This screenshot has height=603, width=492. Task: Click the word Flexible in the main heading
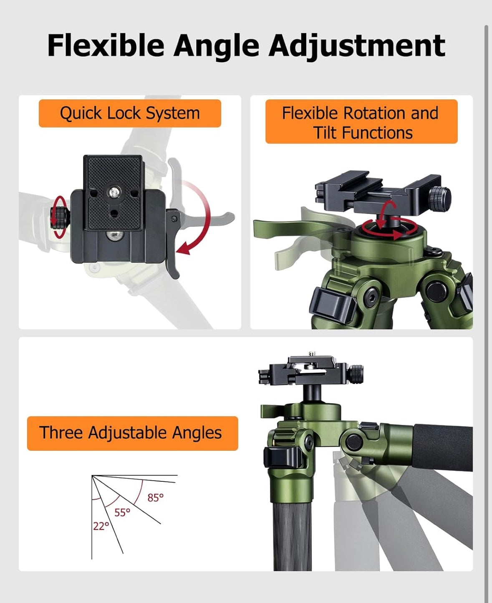click(106, 46)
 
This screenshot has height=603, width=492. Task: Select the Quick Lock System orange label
click(130, 113)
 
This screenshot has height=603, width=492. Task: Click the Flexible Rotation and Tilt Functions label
click(361, 122)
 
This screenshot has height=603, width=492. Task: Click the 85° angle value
click(156, 498)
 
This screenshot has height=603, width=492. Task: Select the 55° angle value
click(122, 513)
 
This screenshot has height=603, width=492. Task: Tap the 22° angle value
click(101, 526)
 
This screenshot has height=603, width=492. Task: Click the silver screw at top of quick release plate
click(115, 192)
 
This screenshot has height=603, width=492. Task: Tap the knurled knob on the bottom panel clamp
click(356, 374)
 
